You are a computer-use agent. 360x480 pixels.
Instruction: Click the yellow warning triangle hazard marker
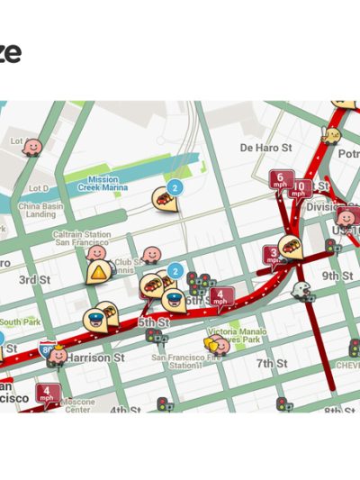tap(96, 273)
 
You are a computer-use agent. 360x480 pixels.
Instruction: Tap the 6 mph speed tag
tap(281, 180)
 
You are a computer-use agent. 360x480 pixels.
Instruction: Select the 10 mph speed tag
tap(301, 188)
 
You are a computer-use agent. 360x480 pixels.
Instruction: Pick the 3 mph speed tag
tap(273, 256)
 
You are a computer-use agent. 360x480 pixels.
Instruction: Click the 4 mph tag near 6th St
tap(220, 295)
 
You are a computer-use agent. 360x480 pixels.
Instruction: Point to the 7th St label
tap(271, 363)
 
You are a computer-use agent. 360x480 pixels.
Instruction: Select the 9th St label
tap(337, 276)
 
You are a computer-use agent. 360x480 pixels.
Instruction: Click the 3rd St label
tap(35, 280)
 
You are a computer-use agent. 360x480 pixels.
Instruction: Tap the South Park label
tap(19, 322)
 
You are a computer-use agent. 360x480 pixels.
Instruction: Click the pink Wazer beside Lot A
tap(32, 146)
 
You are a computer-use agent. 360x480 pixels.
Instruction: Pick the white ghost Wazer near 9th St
tap(302, 290)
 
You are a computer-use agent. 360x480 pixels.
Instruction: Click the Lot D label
tap(39, 188)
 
